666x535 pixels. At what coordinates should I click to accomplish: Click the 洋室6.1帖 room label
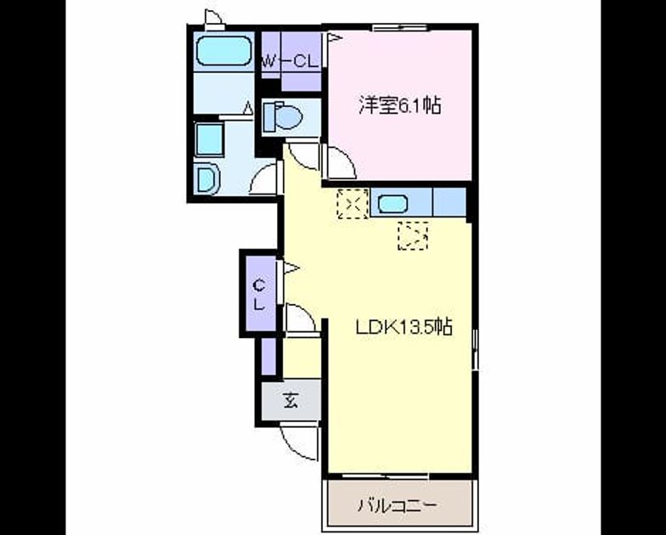click(399, 105)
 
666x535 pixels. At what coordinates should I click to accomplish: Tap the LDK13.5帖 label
click(404, 327)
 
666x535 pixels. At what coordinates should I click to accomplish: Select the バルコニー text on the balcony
click(397, 505)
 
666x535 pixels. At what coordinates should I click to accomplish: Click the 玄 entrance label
click(291, 400)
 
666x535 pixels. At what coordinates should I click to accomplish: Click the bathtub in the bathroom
click(224, 51)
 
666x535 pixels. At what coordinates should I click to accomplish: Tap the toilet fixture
click(282, 115)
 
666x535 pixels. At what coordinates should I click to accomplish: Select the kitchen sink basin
click(392, 204)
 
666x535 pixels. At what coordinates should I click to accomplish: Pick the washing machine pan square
click(209, 139)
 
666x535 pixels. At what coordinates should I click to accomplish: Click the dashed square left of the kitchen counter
click(353, 204)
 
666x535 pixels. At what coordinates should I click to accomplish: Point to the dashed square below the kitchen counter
click(413, 236)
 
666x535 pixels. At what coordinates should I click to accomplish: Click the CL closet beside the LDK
click(261, 294)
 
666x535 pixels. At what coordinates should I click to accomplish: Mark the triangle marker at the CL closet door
click(292, 268)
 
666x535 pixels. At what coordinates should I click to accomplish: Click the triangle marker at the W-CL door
click(335, 38)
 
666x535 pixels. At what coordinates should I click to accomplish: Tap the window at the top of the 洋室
click(399, 28)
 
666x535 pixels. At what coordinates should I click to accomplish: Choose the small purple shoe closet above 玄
click(268, 357)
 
